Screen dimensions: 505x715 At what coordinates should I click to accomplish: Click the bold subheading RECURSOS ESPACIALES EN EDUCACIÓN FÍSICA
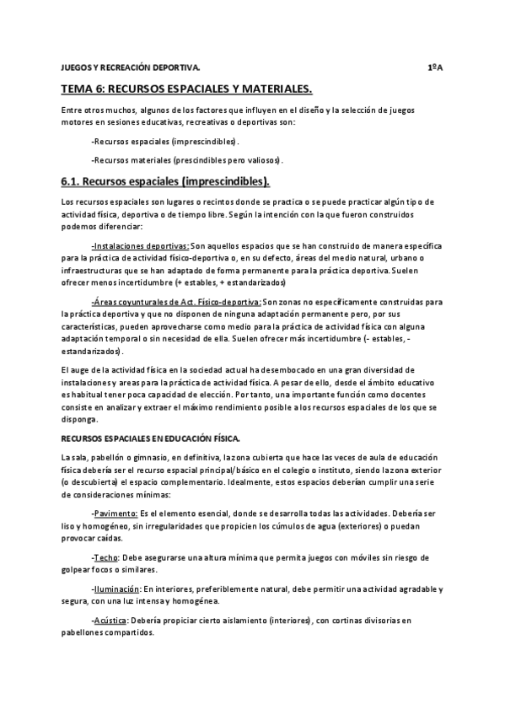tap(151, 438)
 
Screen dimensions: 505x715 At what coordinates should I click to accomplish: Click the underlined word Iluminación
tap(115, 589)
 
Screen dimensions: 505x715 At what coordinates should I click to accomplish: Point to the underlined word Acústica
tap(110, 621)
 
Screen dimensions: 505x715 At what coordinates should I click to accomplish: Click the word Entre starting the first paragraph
tap(73, 110)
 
